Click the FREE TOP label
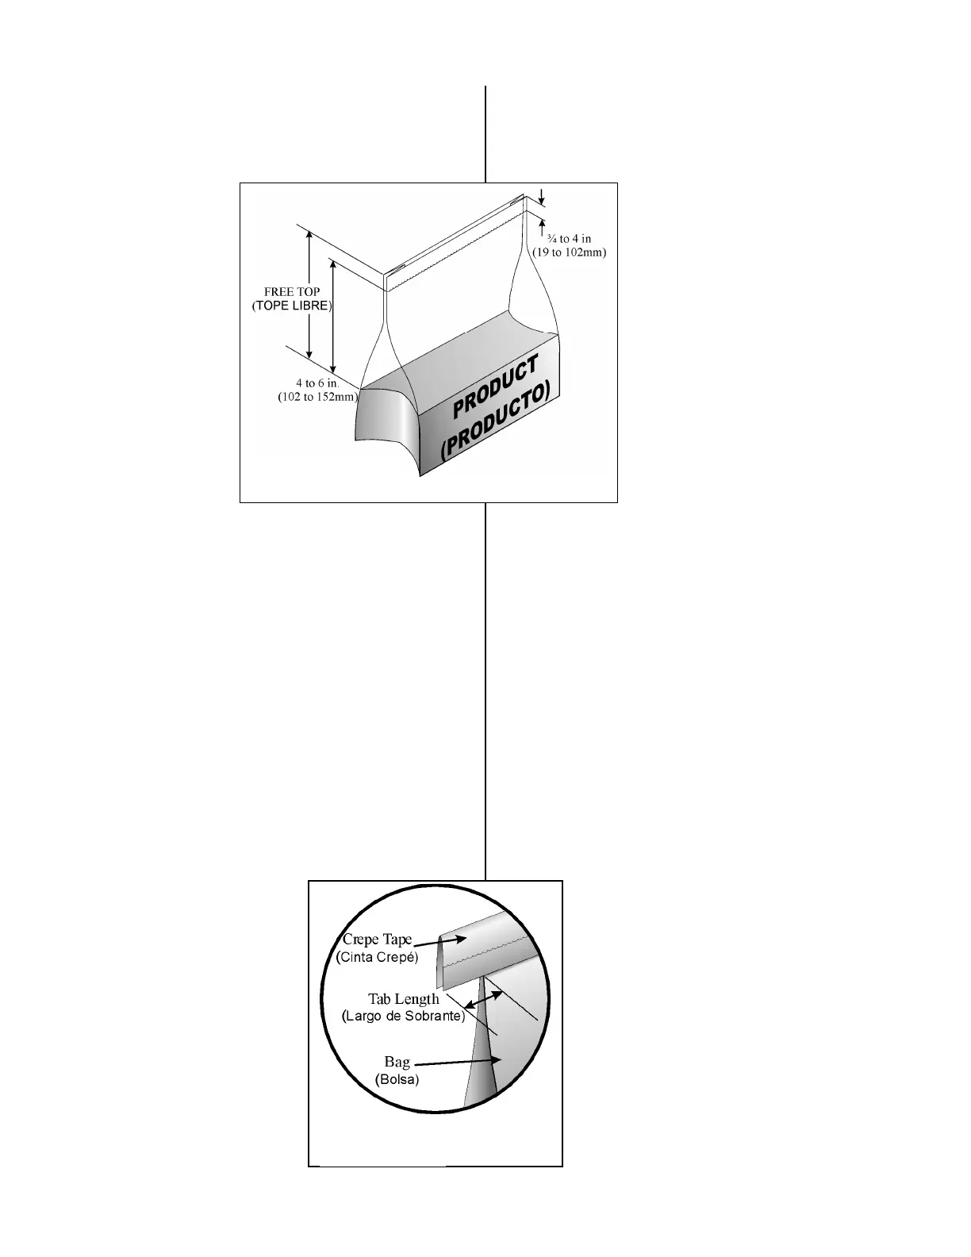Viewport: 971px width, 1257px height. (292, 291)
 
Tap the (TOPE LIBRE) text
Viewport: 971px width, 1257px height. (292, 306)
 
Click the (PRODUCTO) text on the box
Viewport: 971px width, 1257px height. (497, 421)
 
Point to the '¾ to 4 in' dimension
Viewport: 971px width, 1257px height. (569, 238)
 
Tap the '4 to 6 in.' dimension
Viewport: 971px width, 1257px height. (318, 383)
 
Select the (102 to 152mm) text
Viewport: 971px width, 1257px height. (318, 397)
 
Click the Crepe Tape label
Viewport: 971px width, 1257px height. (378, 940)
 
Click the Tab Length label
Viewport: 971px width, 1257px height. (403, 999)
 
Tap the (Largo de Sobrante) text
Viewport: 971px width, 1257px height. (403, 1016)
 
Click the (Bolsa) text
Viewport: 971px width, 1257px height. (397, 1079)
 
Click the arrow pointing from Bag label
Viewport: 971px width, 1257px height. (459, 1062)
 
